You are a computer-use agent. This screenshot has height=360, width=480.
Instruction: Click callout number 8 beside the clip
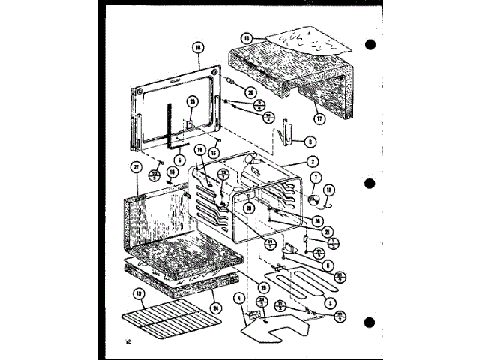tap(310, 141)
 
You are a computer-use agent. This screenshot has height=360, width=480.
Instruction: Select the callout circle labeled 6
tap(180, 159)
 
